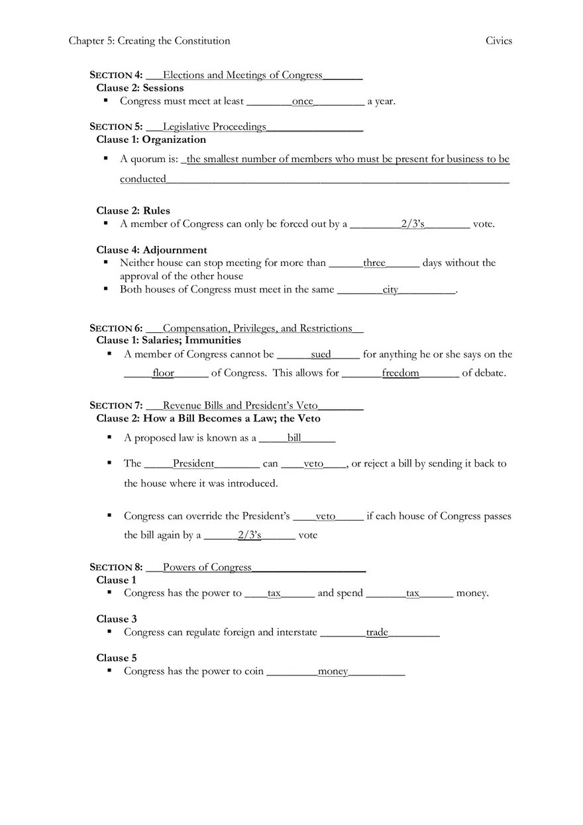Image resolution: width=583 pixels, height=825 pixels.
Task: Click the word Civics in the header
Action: tap(498, 41)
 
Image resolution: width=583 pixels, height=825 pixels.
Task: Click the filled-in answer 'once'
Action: tap(302, 101)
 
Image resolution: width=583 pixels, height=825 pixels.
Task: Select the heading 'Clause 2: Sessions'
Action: tap(140, 88)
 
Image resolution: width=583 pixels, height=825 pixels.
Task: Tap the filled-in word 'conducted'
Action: tap(143, 179)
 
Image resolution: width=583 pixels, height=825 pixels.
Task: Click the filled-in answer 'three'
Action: tap(374, 263)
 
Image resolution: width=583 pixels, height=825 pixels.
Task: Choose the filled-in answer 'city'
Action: tap(390, 290)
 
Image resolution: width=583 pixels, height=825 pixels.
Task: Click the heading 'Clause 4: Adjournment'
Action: tap(152, 250)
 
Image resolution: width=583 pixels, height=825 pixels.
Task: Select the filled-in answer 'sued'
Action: tap(321, 355)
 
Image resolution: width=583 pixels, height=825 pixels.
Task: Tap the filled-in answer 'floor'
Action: tap(163, 373)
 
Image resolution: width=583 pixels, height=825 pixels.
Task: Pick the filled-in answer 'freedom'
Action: tap(400, 373)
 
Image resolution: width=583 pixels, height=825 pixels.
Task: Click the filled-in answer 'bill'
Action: tap(294, 438)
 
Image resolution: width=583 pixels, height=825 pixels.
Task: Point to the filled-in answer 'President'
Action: tap(193, 464)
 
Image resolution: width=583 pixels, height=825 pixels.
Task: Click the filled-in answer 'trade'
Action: tap(377, 632)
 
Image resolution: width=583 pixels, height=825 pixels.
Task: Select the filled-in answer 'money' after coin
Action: tap(333, 672)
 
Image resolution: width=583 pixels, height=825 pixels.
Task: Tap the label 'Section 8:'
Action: tap(116, 567)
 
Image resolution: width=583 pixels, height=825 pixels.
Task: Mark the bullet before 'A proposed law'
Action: tap(109, 437)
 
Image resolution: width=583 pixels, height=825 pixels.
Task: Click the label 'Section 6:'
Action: tap(116, 328)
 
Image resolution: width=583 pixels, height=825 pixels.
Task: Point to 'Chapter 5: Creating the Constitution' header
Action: tap(149, 41)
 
